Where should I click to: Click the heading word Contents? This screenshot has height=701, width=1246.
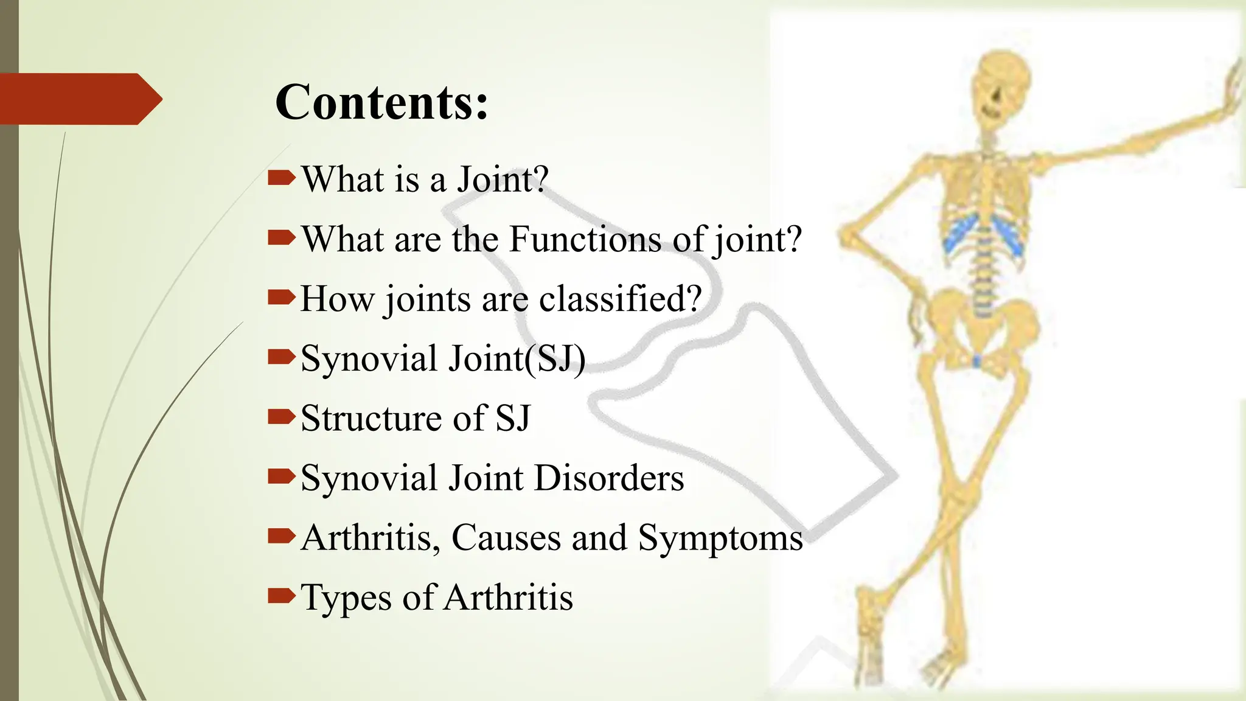381,102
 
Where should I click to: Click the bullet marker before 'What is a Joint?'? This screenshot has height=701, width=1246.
281,178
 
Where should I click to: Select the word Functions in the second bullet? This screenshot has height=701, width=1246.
585,239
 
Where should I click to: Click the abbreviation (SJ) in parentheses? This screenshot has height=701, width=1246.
555,358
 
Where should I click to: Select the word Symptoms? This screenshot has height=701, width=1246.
720,538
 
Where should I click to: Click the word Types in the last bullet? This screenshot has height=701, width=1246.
346,598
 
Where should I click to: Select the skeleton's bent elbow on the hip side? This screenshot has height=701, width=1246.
849,234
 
